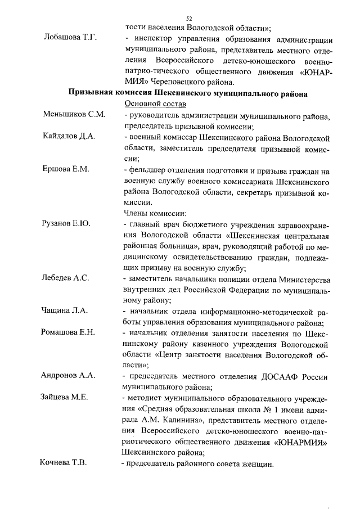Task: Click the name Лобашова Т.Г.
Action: point(71,38)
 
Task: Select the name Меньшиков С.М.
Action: point(74,115)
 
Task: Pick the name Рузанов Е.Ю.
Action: point(67,223)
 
